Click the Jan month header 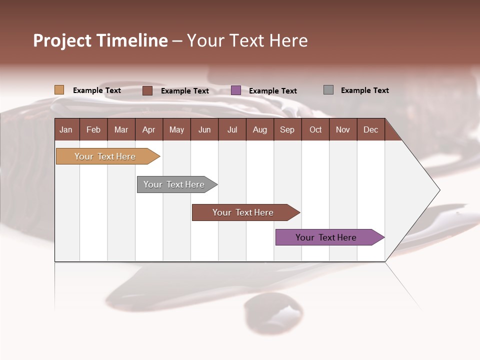[66, 129]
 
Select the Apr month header [148, 129]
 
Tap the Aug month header [259, 129]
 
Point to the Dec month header [370, 129]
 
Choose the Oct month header [315, 129]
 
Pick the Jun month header [204, 129]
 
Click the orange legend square [59, 90]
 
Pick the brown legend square [147, 90]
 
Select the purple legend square [236, 90]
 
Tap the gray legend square [328, 90]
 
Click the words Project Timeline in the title [100, 40]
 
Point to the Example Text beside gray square [364, 90]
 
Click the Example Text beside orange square [97, 90]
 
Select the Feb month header [93, 129]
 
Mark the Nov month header [343, 129]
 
